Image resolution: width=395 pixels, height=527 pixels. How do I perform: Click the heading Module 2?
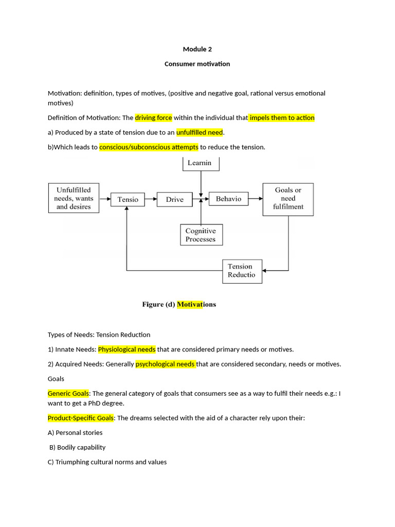point(197,49)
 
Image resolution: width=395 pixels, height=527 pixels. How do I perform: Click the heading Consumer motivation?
point(197,64)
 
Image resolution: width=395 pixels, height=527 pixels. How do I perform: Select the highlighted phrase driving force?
point(153,118)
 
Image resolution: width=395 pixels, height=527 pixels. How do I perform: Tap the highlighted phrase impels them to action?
point(282,118)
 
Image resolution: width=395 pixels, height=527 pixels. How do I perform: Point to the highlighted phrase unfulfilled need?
point(200,132)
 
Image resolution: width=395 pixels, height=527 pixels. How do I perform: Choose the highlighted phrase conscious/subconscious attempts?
point(149,147)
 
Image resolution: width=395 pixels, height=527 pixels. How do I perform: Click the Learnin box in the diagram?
point(201,163)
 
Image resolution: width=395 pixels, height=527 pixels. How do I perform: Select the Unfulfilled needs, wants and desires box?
point(74,198)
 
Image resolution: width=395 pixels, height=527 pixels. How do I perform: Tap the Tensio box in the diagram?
point(128,199)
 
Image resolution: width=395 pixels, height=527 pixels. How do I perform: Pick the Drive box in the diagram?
point(174,199)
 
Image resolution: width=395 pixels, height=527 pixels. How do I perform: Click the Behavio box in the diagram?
point(228,199)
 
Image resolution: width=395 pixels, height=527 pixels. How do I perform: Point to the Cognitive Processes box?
point(201,235)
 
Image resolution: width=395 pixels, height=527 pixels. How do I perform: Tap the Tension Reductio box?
point(241,271)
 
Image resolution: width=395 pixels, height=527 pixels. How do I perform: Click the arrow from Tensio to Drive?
point(151,199)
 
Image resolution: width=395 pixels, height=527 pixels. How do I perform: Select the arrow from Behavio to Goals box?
point(256,199)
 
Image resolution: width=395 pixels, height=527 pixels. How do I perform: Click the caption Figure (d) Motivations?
point(179,304)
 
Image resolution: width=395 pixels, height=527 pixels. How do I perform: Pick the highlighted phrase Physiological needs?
point(127,349)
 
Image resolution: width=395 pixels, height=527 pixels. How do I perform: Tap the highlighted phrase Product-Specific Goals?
point(81,418)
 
